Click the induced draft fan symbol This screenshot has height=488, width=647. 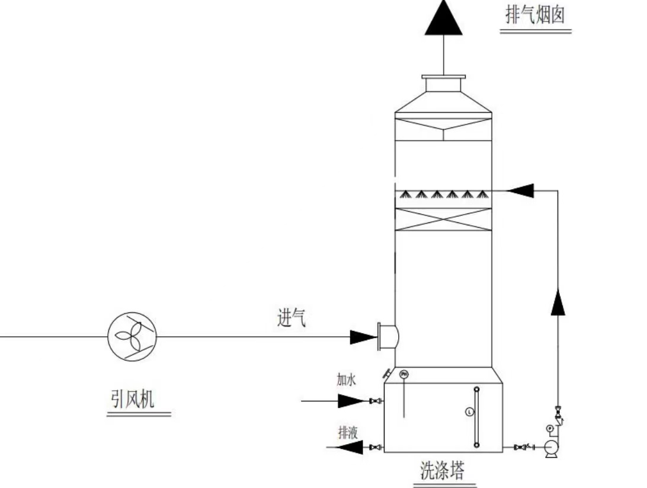click(132, 336)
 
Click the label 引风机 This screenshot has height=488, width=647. click(132, 399)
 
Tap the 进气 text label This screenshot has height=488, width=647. click(292, 318)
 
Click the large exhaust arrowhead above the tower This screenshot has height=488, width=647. click(444, 18)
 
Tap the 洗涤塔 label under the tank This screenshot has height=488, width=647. click(442, 471)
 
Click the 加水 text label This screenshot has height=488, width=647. click(346, 380)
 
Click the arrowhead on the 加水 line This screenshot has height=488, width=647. click(350, 401)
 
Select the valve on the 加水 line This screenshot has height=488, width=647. click(374, 401)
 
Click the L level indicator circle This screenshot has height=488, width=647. click(470, 411)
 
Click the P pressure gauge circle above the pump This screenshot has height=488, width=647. click(549, 428)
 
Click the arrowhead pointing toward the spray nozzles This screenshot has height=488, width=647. click(522, 190)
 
